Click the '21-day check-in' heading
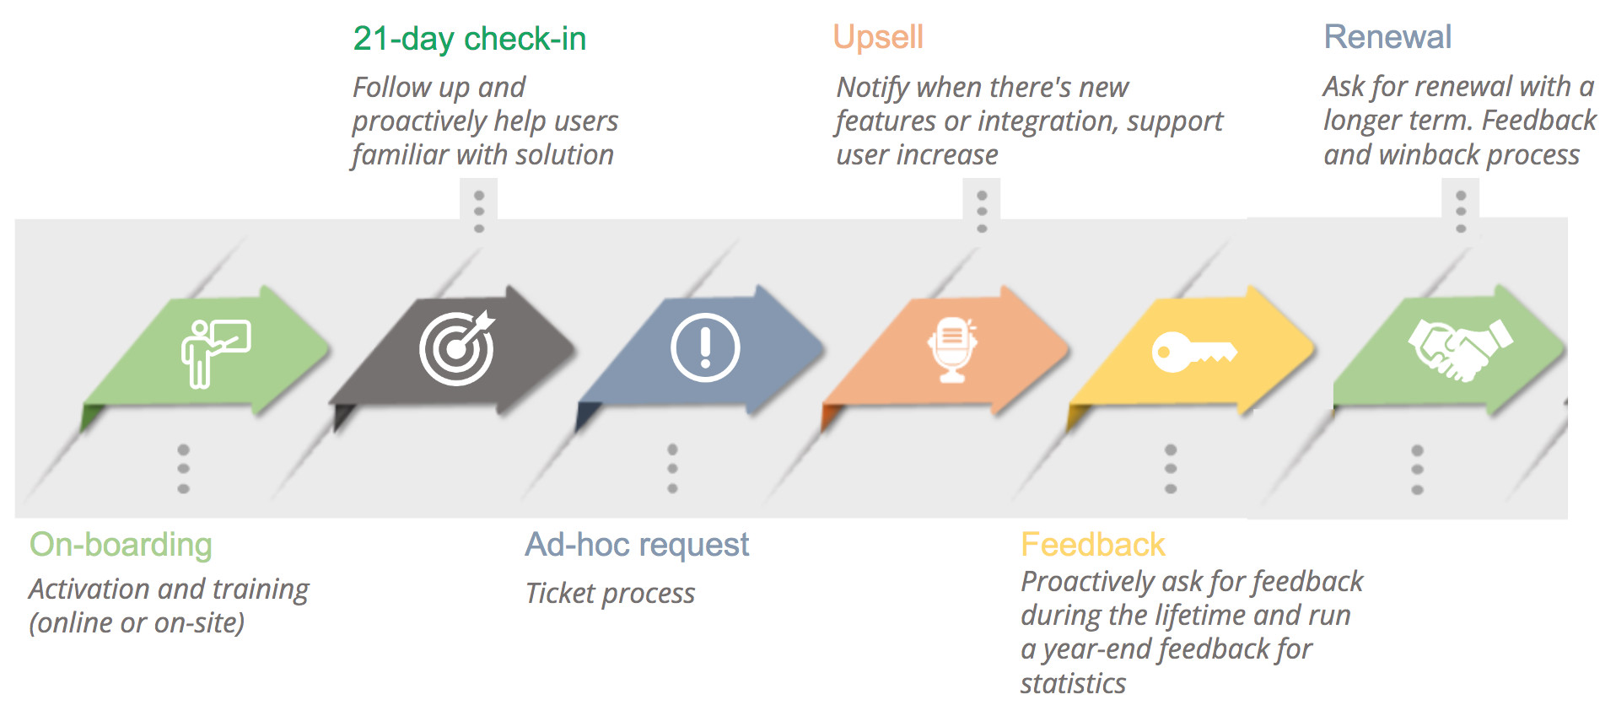click(x=469, y=39)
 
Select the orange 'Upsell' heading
click(x=878, y=37)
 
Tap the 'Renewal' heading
click(x=1387, y=37)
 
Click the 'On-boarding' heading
click(x=121, y=545)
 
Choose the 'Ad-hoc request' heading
click(x=637, y=545)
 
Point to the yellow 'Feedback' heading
click(x=1093, y=545)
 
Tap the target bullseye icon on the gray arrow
click(x=457, y=347)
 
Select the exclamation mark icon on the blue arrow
click(x=705, y=347)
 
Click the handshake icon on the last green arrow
click(x=1460, y=348)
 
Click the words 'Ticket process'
click(x=610, y=594)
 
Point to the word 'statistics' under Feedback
click(x=1073, y=683)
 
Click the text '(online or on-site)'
click(x=137, y=623)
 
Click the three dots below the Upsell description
click(x=982, y=212)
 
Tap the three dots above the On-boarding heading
click(x=184, y=469)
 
